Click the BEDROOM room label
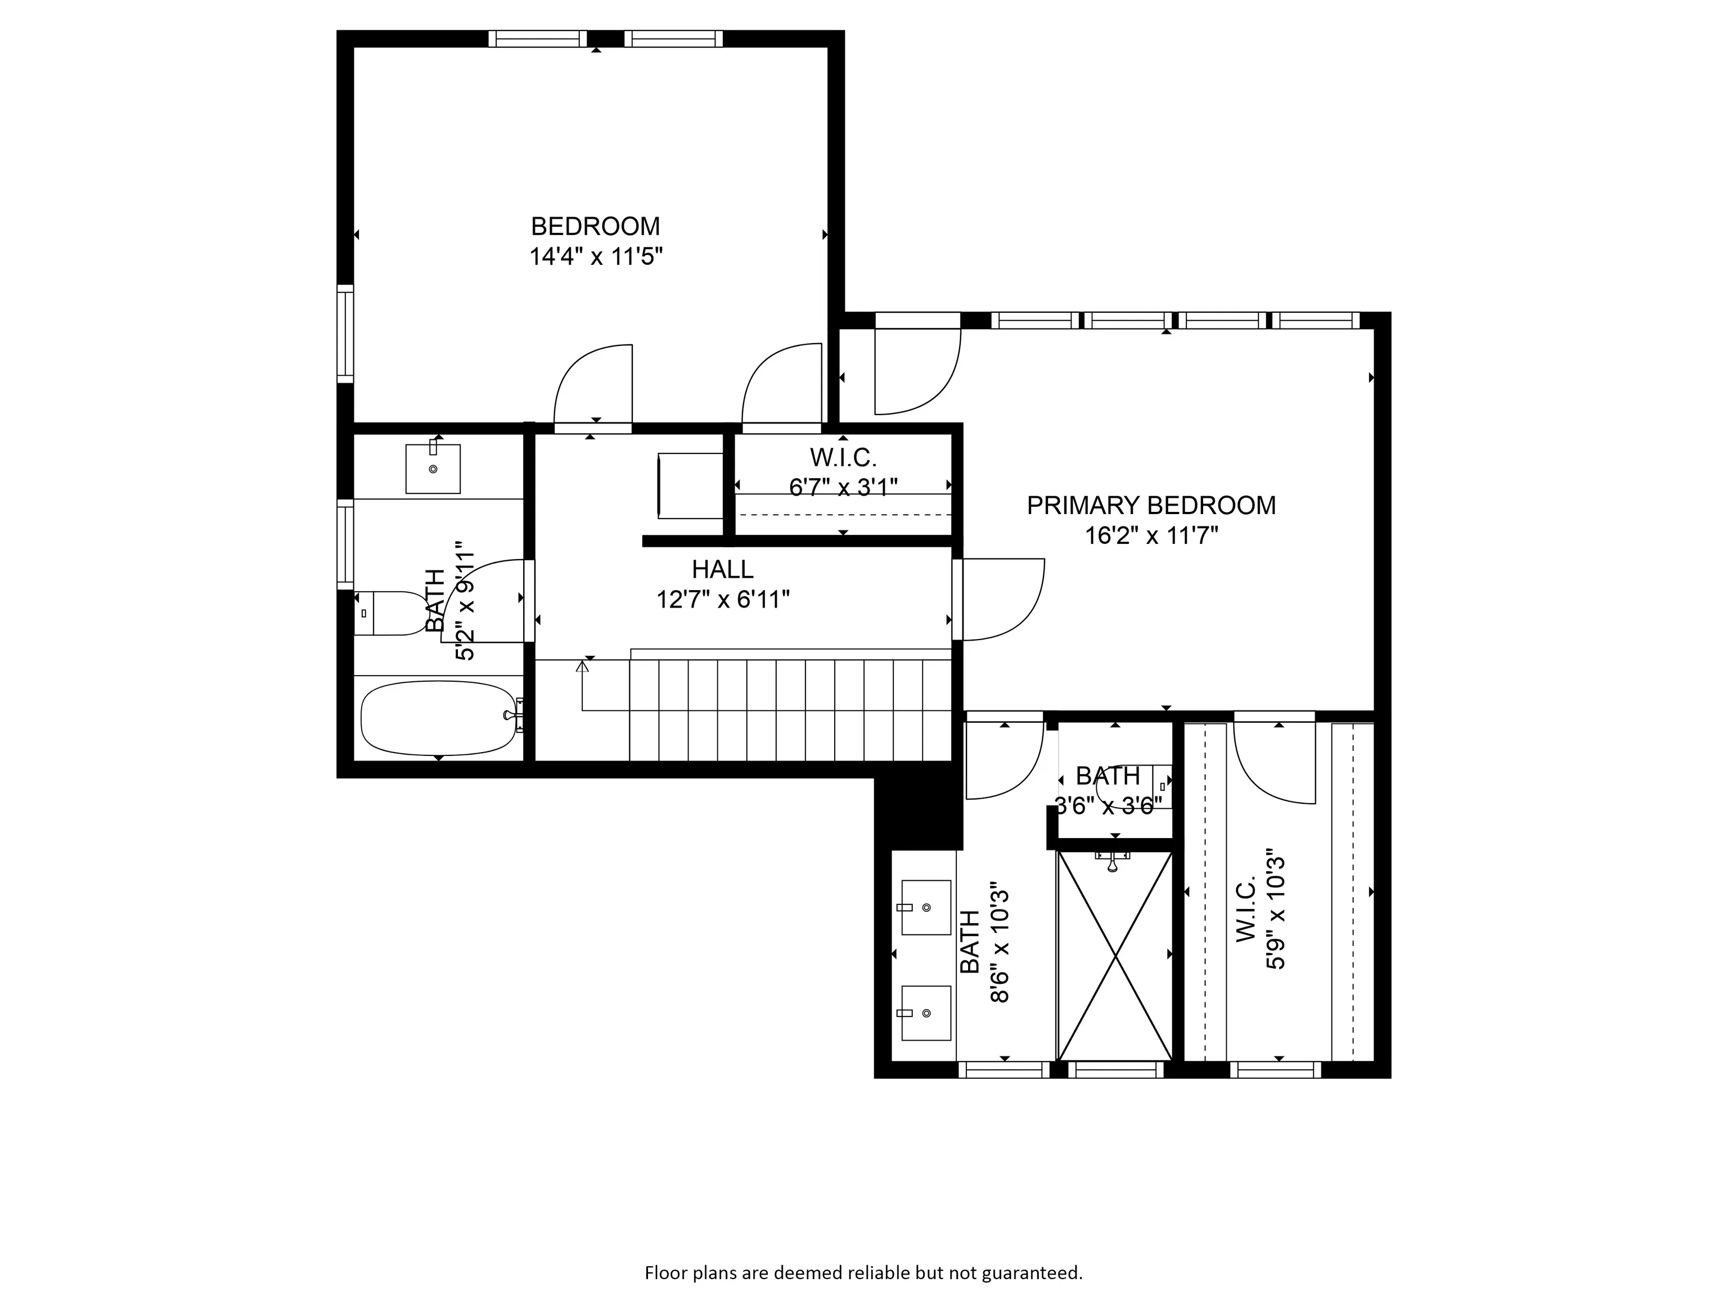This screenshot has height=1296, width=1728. (595, 227)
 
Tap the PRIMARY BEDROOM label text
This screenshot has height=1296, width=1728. (1151, 506)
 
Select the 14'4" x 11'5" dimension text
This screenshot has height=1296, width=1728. (596, 256)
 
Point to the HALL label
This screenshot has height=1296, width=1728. (723, 569)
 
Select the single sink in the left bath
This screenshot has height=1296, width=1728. (433, 469)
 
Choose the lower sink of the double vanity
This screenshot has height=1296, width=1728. (926, 1013)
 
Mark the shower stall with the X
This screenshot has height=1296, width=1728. (1115, 955)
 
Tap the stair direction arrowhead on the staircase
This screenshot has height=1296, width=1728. (582, 667)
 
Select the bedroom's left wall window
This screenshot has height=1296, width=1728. (345, 334)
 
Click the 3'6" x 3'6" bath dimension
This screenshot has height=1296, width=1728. (1109, 805)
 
